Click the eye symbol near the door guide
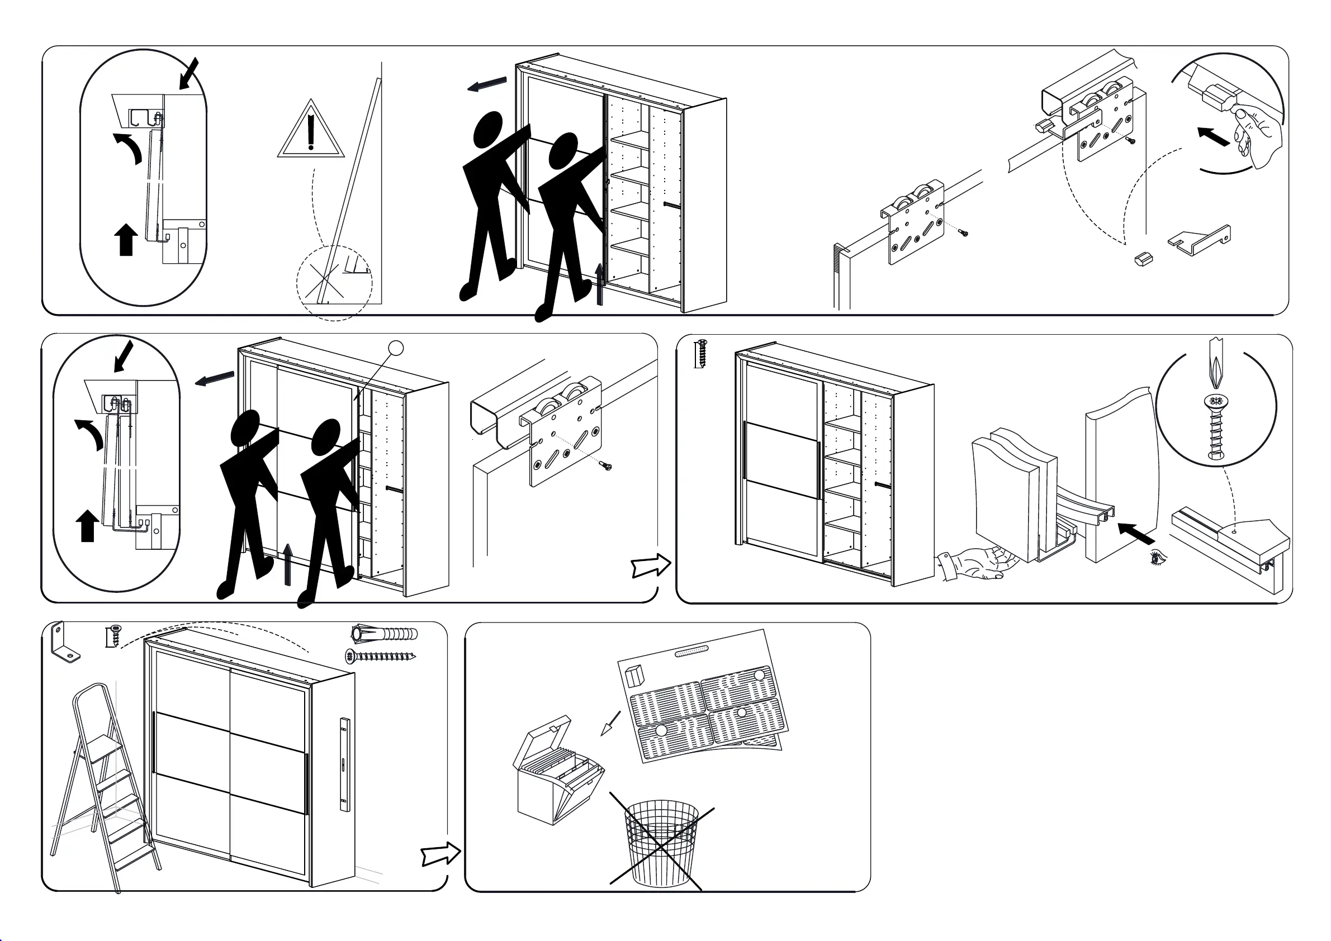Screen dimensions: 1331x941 (x=1157, y=558)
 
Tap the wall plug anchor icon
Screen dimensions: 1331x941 (x=385, y=633)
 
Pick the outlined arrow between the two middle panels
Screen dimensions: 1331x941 (x=651, y=565)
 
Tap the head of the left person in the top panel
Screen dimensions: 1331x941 (x=487, y=129)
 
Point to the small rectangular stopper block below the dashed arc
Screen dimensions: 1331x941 (x=1143, y=259)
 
